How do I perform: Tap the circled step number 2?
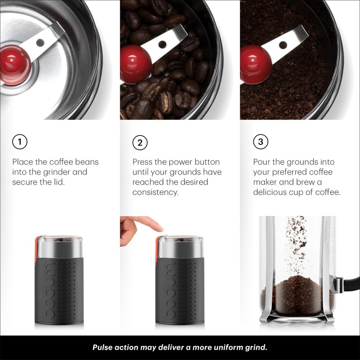click(140, 143)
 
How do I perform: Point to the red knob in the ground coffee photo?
click(255, 63)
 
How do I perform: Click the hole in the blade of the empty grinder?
click(40, 43)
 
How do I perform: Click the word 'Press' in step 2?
click(143, 162)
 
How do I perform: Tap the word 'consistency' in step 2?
click(155, 192)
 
